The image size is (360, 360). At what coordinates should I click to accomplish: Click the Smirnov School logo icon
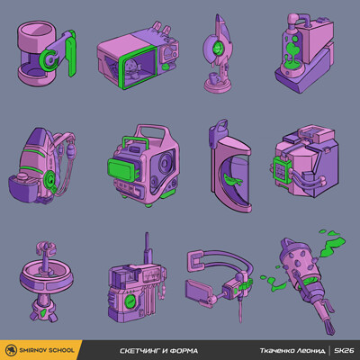[11, 350]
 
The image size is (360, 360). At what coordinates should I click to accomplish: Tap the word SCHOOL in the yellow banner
[61, 350]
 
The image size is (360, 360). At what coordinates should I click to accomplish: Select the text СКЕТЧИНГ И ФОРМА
[158, 351]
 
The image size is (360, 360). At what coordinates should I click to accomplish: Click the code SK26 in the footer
[344, 350]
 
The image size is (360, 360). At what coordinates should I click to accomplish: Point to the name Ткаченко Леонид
[292, 351]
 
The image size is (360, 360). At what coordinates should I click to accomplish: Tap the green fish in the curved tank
[232, 180]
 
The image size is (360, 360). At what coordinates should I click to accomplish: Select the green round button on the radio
[130, 301]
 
